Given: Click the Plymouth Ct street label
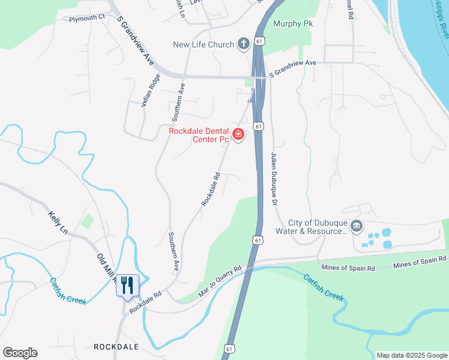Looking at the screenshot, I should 86,19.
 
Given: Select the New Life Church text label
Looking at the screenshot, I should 203,44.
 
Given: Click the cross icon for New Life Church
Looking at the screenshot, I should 243,43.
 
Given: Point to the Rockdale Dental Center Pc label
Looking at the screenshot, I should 199,135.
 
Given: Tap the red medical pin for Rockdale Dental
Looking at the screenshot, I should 238,134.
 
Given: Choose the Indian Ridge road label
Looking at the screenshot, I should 151,90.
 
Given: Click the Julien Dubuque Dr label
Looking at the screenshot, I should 275,179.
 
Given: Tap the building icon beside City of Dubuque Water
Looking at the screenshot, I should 357,226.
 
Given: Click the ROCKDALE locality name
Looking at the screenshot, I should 116,347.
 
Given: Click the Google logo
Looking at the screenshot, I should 19,353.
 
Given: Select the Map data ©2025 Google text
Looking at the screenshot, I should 412,355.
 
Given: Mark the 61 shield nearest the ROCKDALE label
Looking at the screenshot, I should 229,348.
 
